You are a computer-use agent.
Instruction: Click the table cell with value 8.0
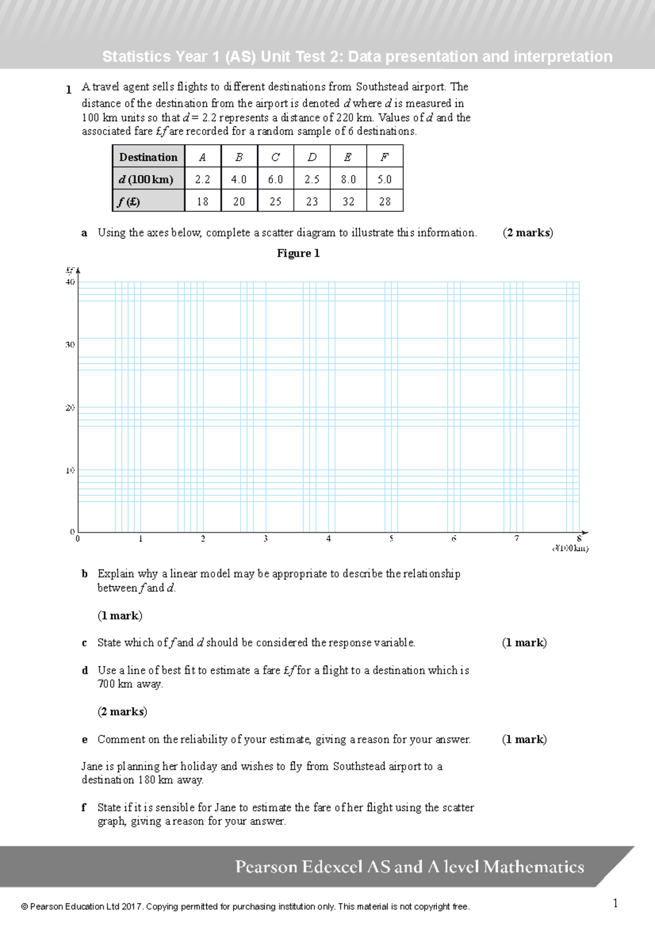(x=348, y=179)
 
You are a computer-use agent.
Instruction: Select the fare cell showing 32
(x=348, y=201)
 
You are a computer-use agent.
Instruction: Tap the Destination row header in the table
(x=148, y=157)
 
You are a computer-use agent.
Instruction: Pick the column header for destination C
(x=275, y=157)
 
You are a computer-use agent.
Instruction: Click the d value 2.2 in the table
(x=203, y=179)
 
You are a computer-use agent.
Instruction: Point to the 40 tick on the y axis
(x=70, y=282)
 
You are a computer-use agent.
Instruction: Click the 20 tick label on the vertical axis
(x=70, y=408)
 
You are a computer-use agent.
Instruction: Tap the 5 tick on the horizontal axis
(x=391, y=539)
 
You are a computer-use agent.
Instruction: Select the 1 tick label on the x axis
(x=140, y=539)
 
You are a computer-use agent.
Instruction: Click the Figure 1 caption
(x=298, y=253)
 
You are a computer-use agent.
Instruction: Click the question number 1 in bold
(x=69, y=90)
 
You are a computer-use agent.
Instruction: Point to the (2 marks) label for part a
(x=527, y=233)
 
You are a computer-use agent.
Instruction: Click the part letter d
(x=85, y=670)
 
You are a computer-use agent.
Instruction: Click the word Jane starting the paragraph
(x=92, y=766)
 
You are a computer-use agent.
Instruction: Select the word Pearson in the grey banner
(x=266, y=866)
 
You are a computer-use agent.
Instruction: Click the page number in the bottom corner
(x=615, y=904)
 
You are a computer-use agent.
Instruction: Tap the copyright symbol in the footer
(x=24, y=907)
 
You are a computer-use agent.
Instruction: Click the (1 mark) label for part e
(x=524, y=739)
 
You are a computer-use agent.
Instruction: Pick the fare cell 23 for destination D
(x=312, y=201)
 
